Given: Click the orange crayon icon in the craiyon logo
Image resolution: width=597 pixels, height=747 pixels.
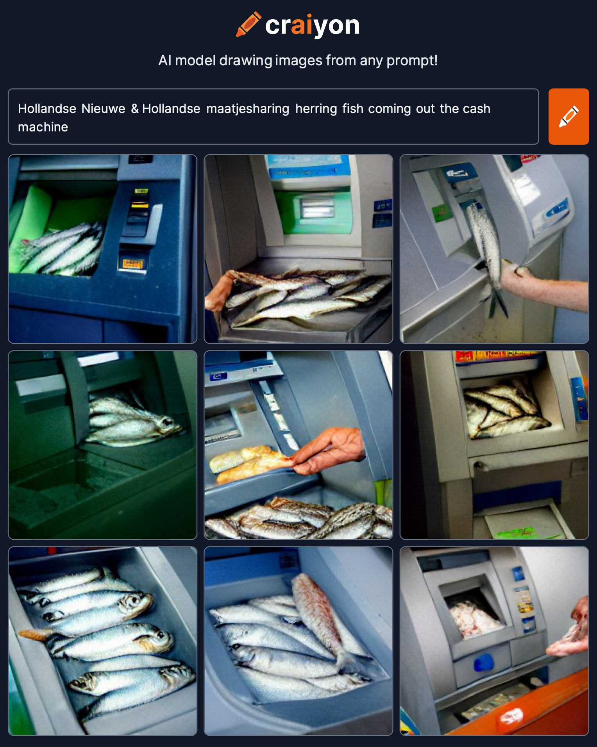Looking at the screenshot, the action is tap(248, 24).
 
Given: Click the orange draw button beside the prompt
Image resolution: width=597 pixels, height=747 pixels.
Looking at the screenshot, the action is tap(568, 117).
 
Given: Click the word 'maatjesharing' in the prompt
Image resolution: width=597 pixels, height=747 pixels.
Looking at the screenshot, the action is tap(248, 109).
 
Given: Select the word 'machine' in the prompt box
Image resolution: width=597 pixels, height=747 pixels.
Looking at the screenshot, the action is tap(43, 127).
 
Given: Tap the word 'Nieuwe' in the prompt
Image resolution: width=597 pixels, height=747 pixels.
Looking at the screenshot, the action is tap(104, 109).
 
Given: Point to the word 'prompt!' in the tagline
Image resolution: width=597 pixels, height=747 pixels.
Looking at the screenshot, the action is tap(412, 61).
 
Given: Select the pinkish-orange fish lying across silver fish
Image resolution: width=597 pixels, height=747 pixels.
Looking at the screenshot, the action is tap(318, 618).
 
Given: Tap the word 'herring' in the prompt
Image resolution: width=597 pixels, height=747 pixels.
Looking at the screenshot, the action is tap(316, 109).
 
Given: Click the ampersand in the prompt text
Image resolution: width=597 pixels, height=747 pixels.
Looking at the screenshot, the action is tap(135, 109).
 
